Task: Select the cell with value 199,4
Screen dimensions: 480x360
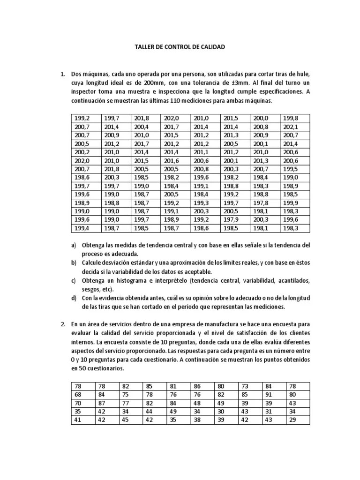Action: (82, 228)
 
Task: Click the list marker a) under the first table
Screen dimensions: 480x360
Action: (74, 245)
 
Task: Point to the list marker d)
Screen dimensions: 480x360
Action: (74, 298)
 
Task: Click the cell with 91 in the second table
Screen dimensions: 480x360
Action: (268, 394)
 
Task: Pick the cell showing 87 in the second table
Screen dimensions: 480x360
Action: (101, 403)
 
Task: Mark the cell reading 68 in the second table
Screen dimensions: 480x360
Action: (77, 394)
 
